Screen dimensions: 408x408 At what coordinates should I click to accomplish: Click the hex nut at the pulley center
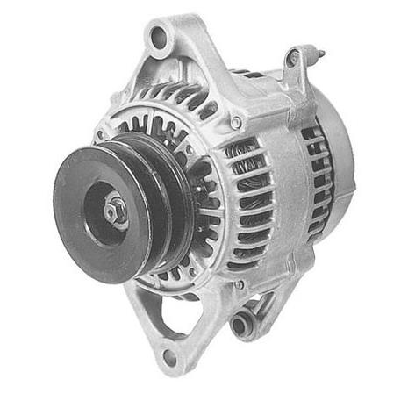pos(113,211)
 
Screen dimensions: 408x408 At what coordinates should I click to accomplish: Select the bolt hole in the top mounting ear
pos(159,36)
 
